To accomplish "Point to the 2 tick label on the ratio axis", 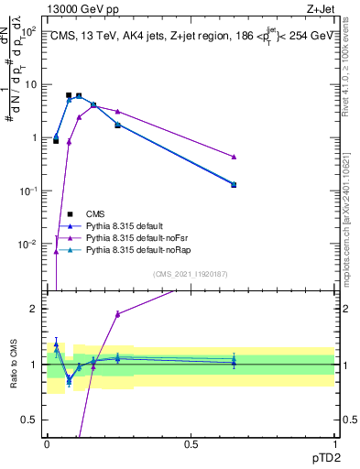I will [x=35, y=309].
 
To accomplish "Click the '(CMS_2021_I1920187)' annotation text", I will [x=190, y=274].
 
